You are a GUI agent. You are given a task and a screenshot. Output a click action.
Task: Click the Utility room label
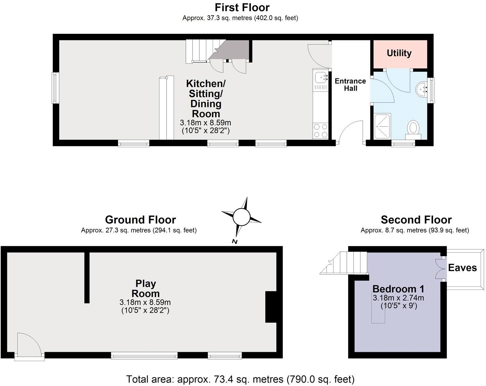click(x=399, y=53)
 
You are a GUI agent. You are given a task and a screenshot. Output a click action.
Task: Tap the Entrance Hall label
click(x=350, y=85)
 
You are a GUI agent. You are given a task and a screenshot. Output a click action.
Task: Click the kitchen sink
click(x=320, y=77)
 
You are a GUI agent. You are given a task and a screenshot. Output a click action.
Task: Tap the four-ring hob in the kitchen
click(x=320, y=130)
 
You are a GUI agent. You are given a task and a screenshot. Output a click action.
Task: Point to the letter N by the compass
click(x=234, y=241)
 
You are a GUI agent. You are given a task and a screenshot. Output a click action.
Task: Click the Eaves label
click(x=462, y=268)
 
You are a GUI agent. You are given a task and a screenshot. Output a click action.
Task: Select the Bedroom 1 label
click(x=398, y=289)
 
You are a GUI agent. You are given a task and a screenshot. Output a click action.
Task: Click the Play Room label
click(x=145, y=288)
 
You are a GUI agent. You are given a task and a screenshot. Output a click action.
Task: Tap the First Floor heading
click(x=242, y=7)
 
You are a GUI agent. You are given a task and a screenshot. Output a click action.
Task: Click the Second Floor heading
click(x=416, y=220)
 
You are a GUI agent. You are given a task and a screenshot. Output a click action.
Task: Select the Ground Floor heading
click(x=140, y=220)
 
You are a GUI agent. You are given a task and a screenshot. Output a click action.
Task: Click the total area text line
click(x=240, y=379)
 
